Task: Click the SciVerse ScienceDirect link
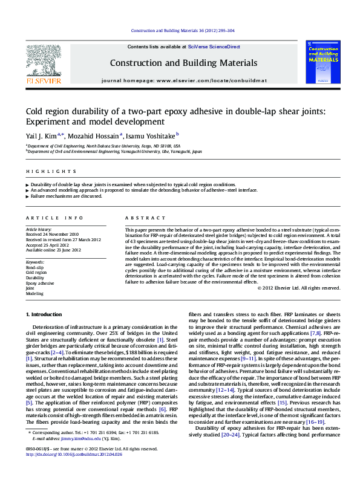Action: [x=214, y=47]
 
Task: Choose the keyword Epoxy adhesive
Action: [x=40, y=283]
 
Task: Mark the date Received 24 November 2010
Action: [x=52, y=234]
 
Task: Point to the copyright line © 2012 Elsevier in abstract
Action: [x=299, y=288]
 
